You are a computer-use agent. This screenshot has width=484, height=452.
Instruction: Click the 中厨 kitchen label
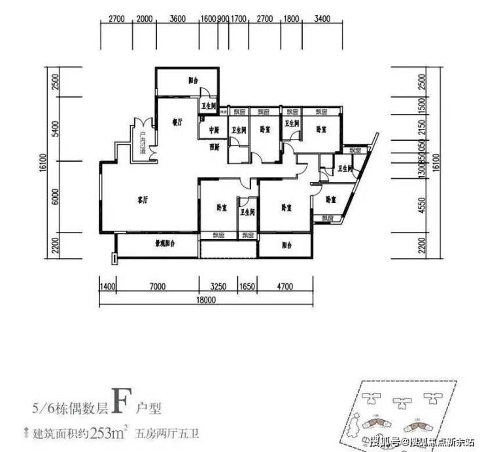tap(213, 129)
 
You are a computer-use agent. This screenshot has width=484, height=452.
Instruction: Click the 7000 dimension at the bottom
tap(155, 286)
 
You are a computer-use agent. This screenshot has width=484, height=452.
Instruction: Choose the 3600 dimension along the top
tap(177, 19)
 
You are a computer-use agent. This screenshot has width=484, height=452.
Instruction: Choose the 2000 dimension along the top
tap(145, 19)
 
